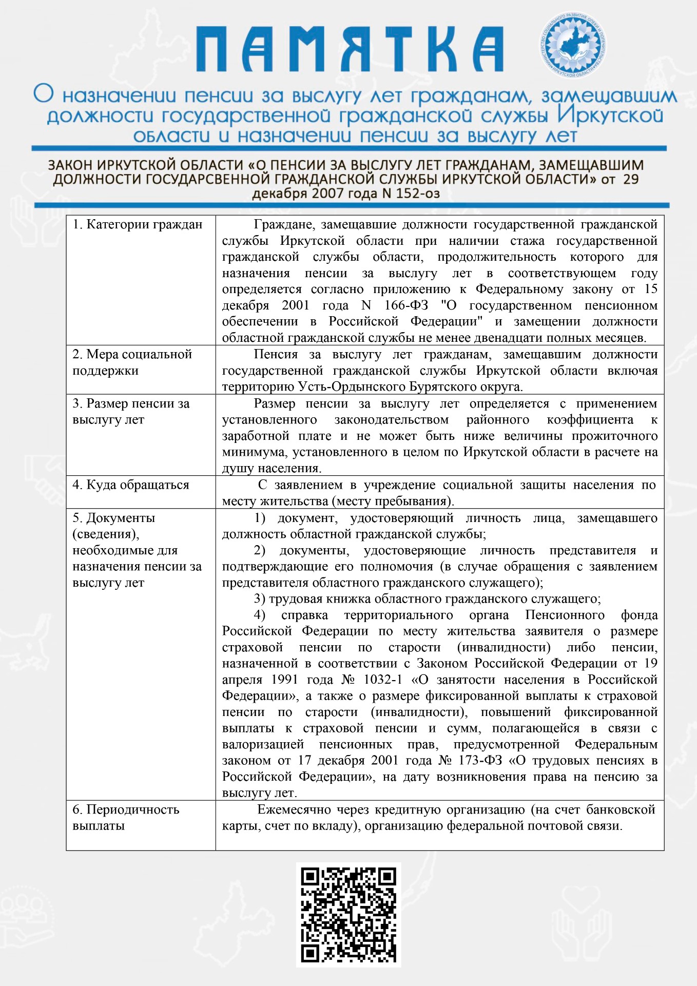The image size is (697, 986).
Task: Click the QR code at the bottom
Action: (348, 914)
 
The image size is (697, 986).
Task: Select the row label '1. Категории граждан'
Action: (138, 224)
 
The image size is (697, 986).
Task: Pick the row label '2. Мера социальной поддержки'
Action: (132, 362)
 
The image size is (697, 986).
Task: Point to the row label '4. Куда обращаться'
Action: (131, 485)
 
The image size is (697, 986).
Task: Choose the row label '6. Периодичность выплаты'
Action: (126, 817)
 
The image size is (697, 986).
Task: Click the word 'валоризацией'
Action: (263, 744)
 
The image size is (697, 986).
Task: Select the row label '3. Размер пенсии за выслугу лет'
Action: (131, 411)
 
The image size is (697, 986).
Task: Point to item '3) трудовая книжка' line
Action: (427, 598)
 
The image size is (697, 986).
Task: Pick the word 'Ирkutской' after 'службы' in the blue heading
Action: (610, 115)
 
